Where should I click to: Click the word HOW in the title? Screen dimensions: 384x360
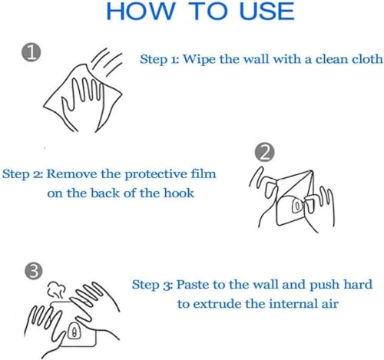pyautogui.click(x=140, y=12)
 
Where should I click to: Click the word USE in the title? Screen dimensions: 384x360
pyautogui.click(x=266, y=12)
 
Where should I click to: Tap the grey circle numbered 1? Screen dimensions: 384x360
pyautogui.click(x=31, y=52)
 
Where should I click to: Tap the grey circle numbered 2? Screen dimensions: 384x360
pyautogui.click(x=264, y=153)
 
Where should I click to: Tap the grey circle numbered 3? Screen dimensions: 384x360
pyautogui.click(x=34, y=271)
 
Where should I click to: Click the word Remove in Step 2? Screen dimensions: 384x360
pyautogui.click(x=72, y=174)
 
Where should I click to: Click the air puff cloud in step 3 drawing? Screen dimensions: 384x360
pyautogui.click(x=56, y=289)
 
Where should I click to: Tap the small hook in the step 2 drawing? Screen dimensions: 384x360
pyautogui.click(x=297, y=205)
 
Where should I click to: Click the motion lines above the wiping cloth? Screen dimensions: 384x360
pyautogui.click(x=107, y=62)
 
